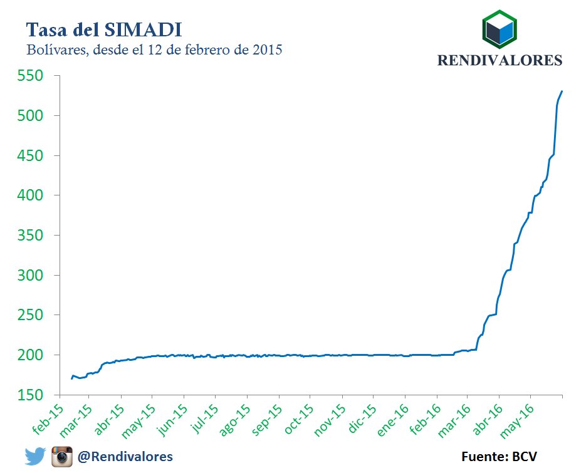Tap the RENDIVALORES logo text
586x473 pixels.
(499, 60)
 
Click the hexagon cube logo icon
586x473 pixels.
(499, 28)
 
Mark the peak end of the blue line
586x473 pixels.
(562, 91)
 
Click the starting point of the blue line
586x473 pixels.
(71, 378)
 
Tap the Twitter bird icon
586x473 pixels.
(35, 456)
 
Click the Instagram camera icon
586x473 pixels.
(61, 456)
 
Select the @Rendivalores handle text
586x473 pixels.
(125, 457)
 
